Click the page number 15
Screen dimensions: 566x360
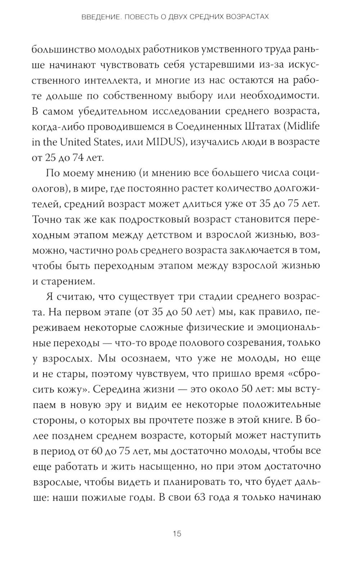[x=177, y=533]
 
